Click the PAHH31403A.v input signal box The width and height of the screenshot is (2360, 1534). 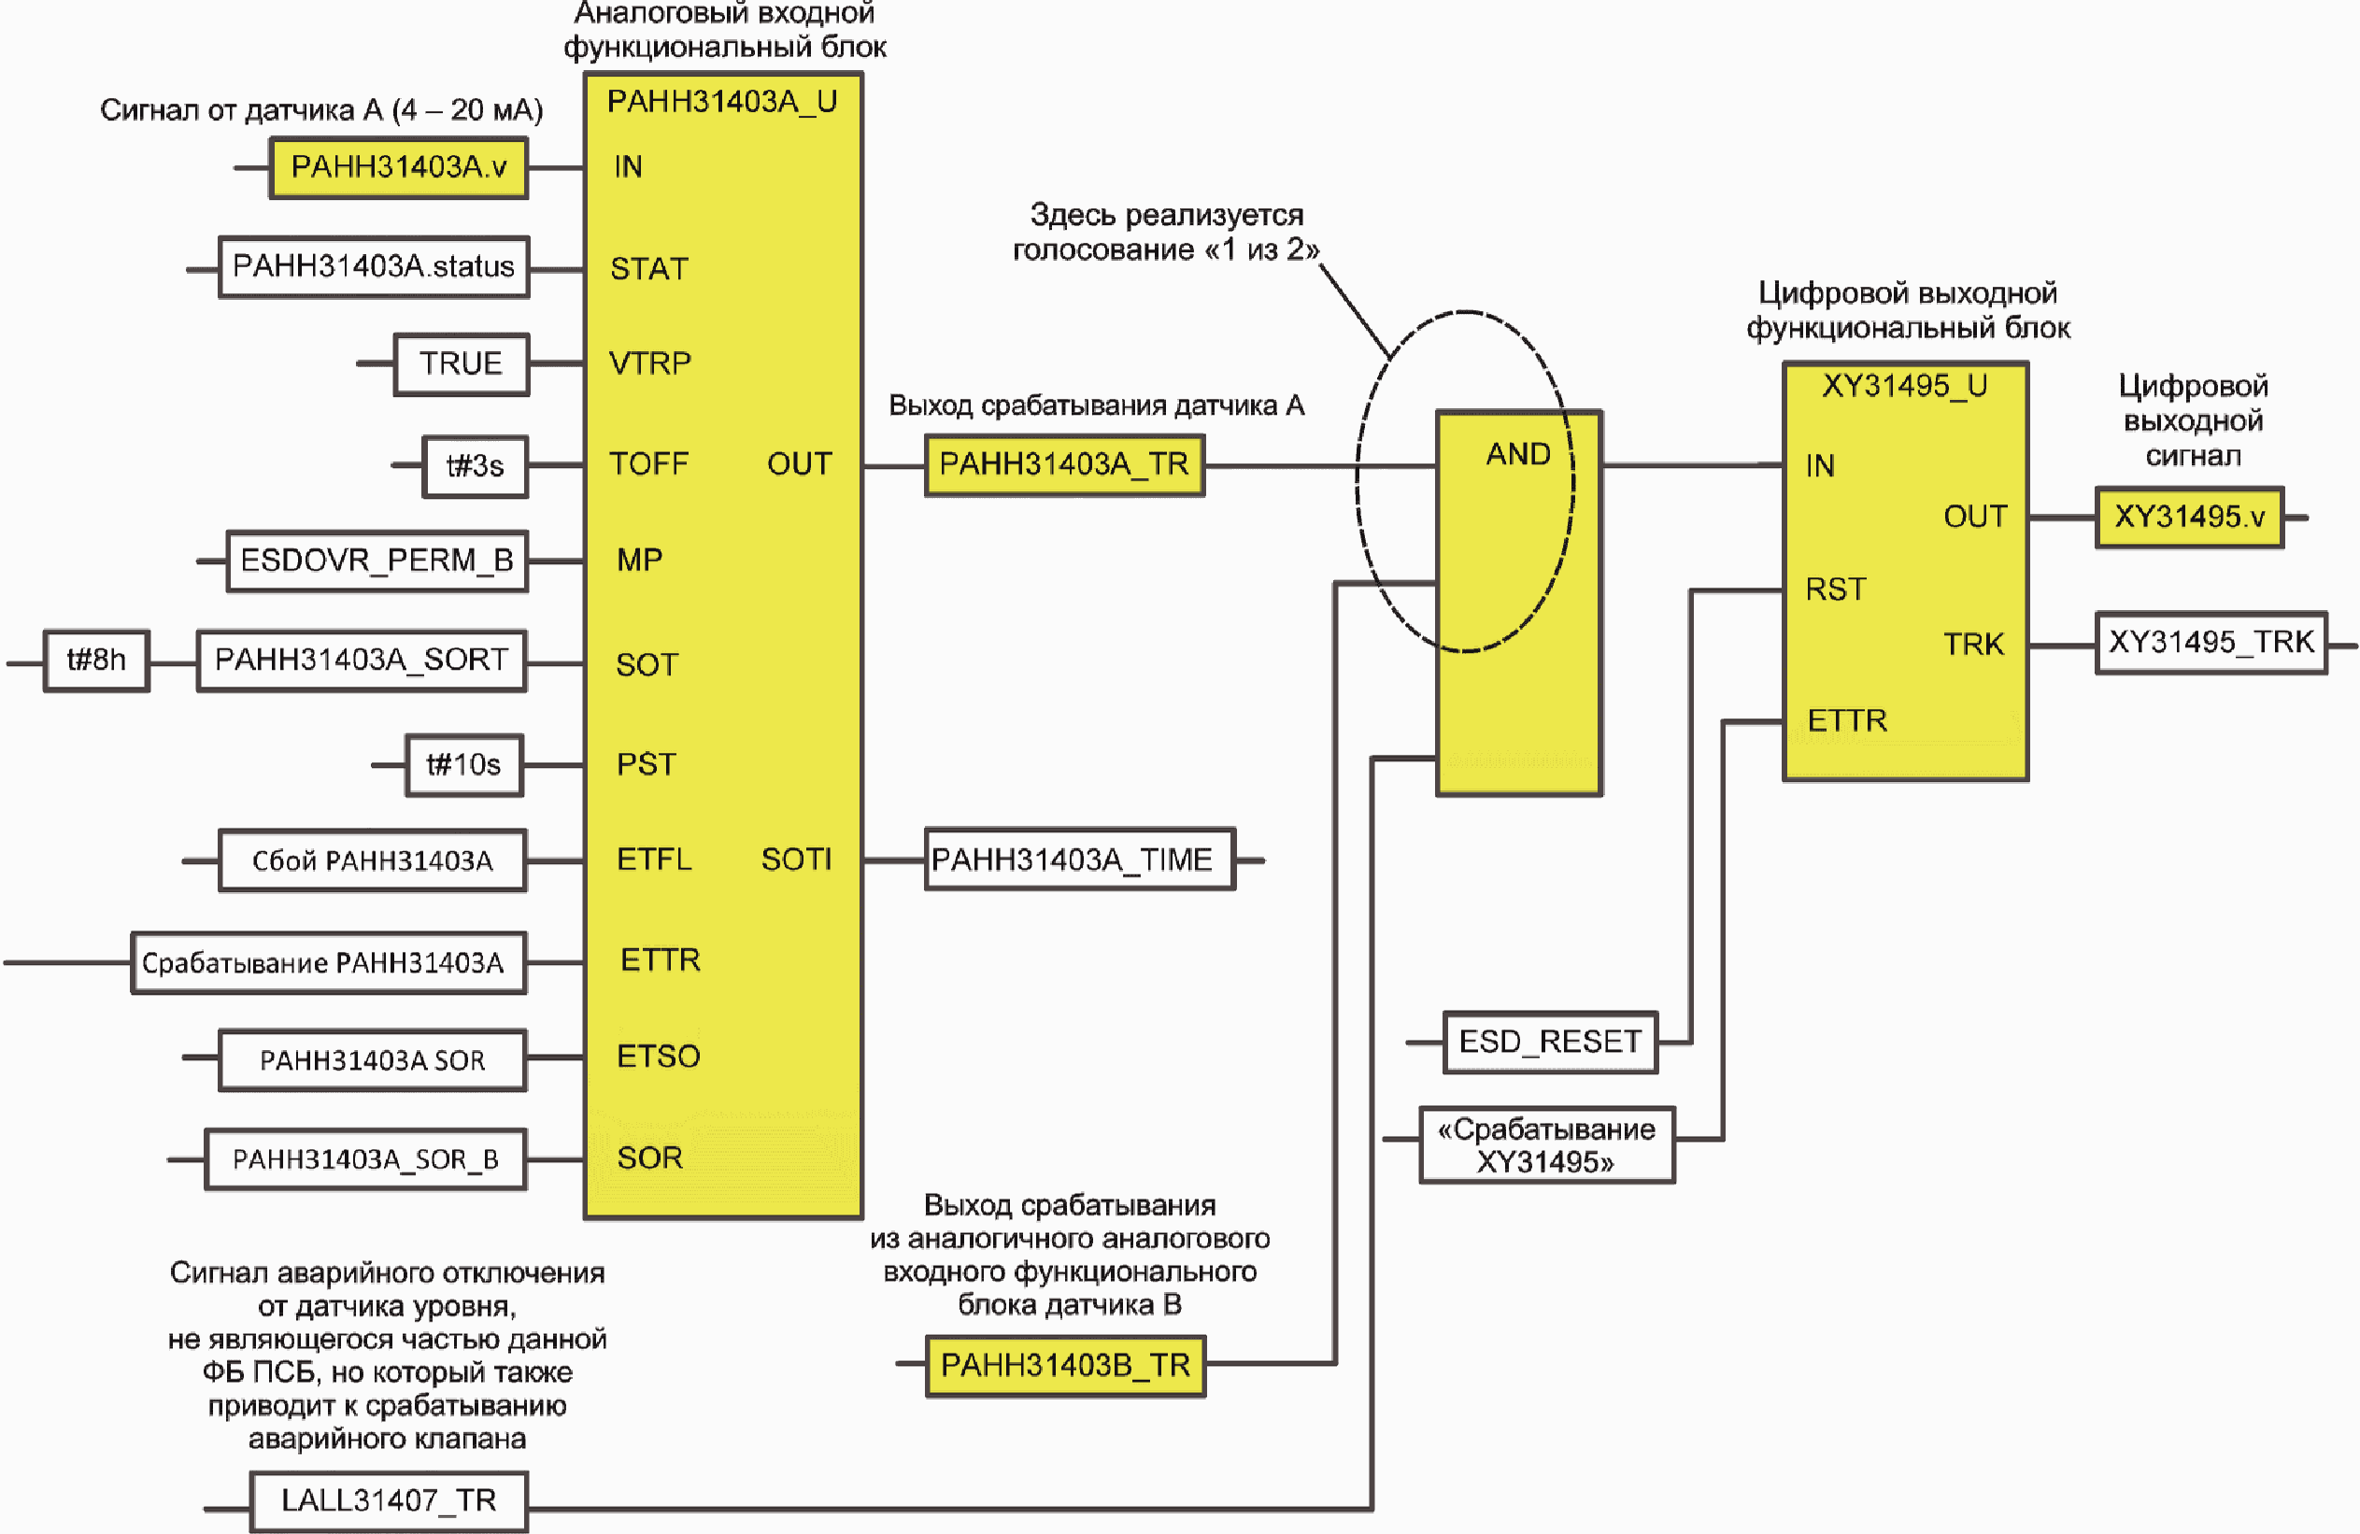399,167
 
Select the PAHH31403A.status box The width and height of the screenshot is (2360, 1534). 374,267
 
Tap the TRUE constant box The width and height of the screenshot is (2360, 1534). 462,364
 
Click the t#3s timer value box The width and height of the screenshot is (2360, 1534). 475,466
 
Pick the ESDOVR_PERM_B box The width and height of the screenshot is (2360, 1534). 377,561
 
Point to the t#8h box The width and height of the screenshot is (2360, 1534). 96,660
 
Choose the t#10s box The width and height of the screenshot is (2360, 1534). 464,764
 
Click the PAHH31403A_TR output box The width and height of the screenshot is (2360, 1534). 1065,465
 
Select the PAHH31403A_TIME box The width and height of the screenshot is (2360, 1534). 1080,859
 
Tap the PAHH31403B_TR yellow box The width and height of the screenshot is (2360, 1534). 1066,1366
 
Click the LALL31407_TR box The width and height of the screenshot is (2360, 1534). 389,1501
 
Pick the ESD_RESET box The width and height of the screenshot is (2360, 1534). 1550,1043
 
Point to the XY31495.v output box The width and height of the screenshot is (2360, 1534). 2189,517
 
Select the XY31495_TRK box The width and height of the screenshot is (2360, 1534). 2211,643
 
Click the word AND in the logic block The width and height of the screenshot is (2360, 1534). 1518,454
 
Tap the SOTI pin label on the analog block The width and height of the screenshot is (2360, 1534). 796,859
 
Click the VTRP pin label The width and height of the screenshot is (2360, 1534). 649,364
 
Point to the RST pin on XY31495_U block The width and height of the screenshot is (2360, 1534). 1836,590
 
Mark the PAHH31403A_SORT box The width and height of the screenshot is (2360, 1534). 362,660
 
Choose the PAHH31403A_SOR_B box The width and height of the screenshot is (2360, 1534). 366,1159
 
